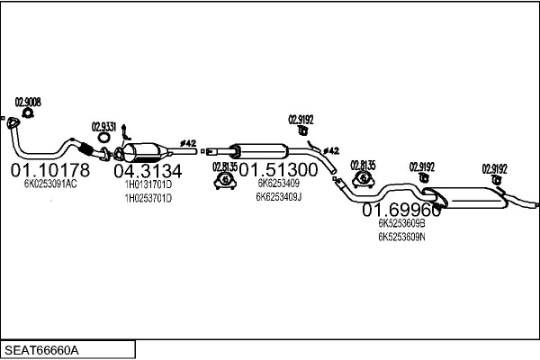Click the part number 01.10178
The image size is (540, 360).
tap(50, 170)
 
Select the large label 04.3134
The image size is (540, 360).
tap(148, 171)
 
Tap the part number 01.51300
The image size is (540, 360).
tap(278, 170)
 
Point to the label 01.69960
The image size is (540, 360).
tap(401, 211)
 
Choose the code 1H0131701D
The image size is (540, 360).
tap(148, 184)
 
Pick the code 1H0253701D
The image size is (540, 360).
tap(148, 197)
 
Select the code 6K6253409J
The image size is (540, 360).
tap(279, 196)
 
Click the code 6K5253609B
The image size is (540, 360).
tap(401, 223)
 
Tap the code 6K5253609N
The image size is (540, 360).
tap(401, 237)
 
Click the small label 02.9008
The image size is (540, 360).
tap(28, 102)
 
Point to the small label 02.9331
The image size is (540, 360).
tap(103, 127)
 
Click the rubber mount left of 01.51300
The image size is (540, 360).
tap(223, 183)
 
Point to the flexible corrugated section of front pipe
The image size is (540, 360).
tap(85, 148)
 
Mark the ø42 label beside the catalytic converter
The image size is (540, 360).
tap(189, 142)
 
